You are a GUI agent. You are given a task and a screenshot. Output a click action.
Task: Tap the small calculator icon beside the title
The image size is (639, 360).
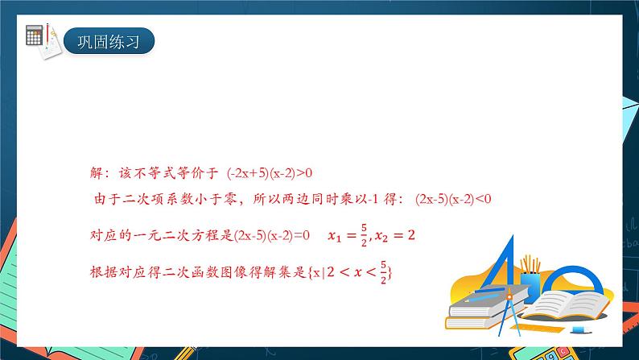[x=35, y=35]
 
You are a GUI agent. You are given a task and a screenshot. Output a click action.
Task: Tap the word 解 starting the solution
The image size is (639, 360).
[x=97, y=172]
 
